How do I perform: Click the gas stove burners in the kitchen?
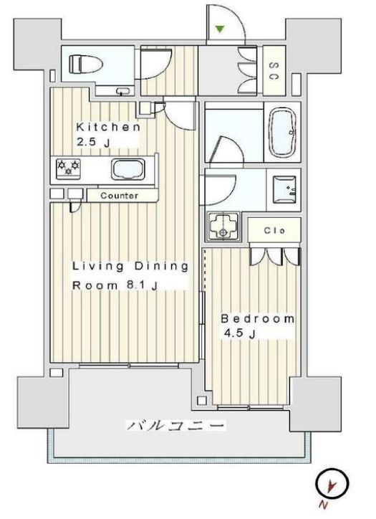[x=69, y=168]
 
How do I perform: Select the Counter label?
[x=119, y=195]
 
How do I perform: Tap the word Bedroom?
[x=257, y=318]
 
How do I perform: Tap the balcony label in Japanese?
[x=178, y=426]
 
